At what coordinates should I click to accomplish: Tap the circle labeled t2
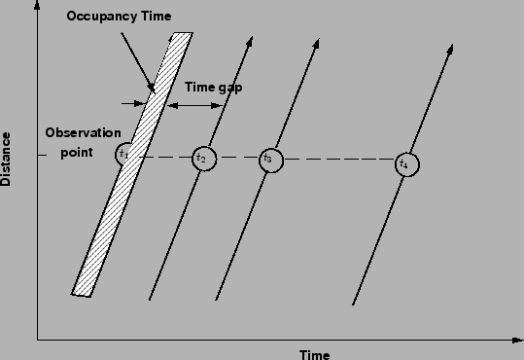202,158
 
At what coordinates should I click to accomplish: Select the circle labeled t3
269,159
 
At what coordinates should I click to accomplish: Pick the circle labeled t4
405,164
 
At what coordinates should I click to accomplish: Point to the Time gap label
213,87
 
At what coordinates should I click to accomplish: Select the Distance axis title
8,158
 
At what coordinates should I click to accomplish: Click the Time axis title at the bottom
314,353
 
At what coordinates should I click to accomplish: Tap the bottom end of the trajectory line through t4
352,304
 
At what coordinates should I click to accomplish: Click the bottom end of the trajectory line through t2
149,299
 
